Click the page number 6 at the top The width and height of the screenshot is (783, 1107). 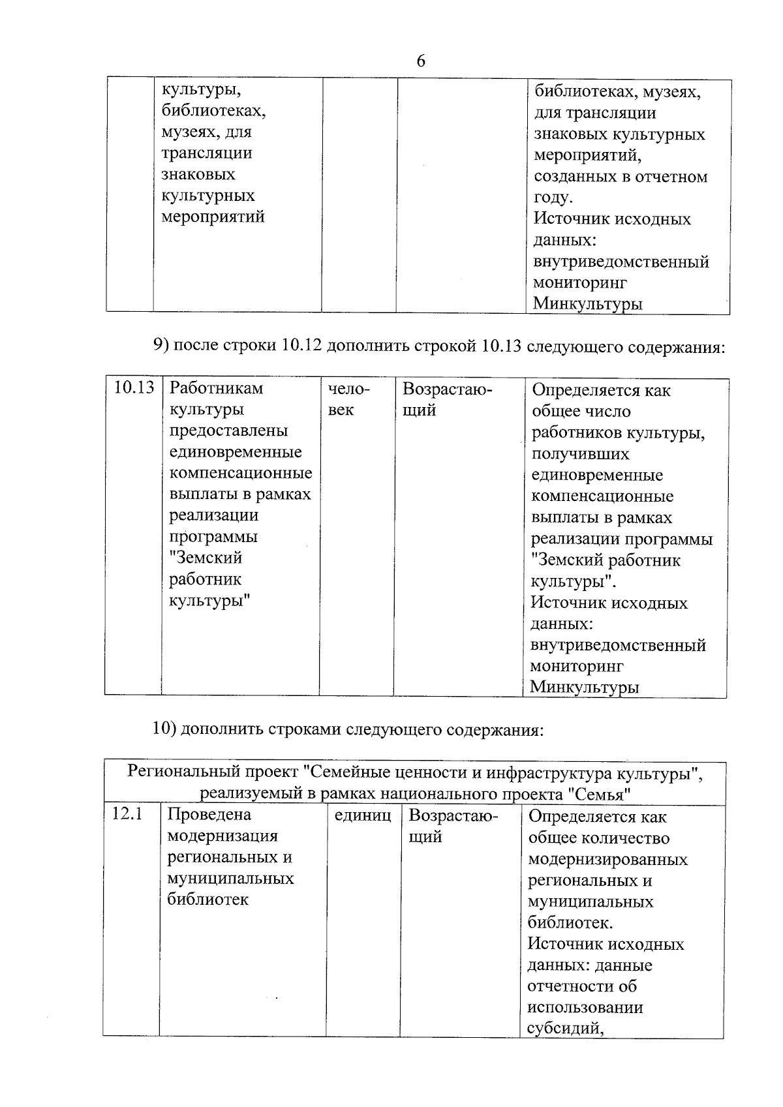tap(420, 61)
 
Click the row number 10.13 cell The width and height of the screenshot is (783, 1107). tap(134, 388)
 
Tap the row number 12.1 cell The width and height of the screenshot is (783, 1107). tap(127, 814)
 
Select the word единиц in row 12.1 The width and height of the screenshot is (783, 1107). tap(362, 815)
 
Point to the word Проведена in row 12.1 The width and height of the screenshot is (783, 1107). tap(200, 815)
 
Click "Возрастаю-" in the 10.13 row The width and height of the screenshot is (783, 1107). tap(447, 389)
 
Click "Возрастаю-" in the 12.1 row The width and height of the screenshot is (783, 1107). tap(453, 815)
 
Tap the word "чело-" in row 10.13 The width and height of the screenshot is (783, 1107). tap(348, 389)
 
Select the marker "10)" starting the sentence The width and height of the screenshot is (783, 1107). tap(164, 729)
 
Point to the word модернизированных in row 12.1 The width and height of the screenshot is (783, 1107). tap(607, 859)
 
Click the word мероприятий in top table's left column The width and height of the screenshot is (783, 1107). tap(213, 217)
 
